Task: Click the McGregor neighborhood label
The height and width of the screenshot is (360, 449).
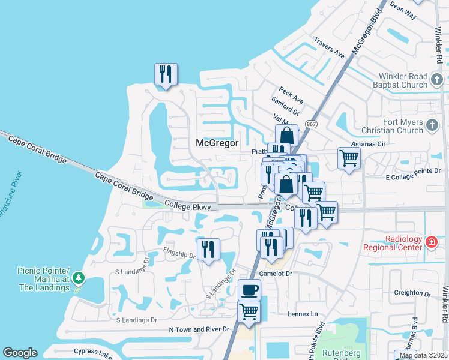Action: click(x=217, y=143)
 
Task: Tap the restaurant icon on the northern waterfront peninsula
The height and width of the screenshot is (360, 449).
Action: click(x=165, y=74)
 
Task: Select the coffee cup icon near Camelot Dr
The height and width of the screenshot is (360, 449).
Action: click(x=249, y=290)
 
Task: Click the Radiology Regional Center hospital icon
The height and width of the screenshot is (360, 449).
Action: click(x=430, y=242)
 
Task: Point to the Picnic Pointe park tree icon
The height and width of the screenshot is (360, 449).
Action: click(x=78, y=278)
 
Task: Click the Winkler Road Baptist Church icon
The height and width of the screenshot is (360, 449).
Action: click(x=436, y=78)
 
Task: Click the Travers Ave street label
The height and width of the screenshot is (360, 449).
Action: click(x=329, y=48)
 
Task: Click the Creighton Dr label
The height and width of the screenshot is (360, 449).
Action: click(x=412, y=293)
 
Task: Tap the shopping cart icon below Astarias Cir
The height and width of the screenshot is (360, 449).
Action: click(x=348, y=159)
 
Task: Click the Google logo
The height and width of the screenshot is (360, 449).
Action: click(x=20, y=353)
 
